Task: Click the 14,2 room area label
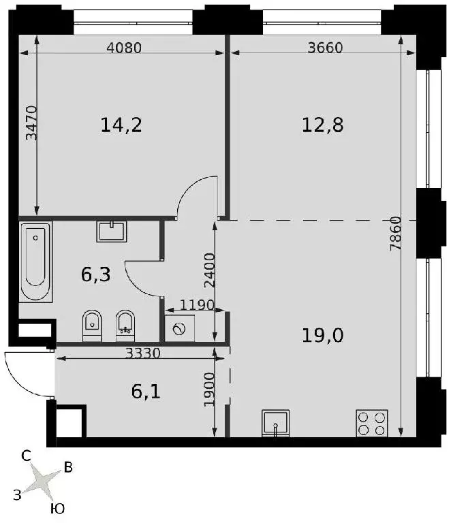click(121, 125)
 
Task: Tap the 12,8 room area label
click(322, 125)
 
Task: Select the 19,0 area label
click(322, 335)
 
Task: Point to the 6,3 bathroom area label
click(96, 275)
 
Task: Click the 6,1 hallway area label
click(146, 392)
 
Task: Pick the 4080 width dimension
click(124, 48)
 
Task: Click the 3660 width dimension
click(325, 48)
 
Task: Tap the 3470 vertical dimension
click(32, 123)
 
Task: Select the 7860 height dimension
click(396, 234)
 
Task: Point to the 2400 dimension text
click(209, 270)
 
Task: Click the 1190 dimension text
click(197, 305)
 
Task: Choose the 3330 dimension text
click(143, 353)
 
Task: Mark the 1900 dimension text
click(209, 390)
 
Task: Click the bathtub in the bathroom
click(35, 261)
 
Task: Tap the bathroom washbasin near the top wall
click(112, 231)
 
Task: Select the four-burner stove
click(371, 423)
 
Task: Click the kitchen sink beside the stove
click(275, 423)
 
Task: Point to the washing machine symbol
click(180, 328)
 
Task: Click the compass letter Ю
click(57, 509)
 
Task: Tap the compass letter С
click(26, 456)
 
